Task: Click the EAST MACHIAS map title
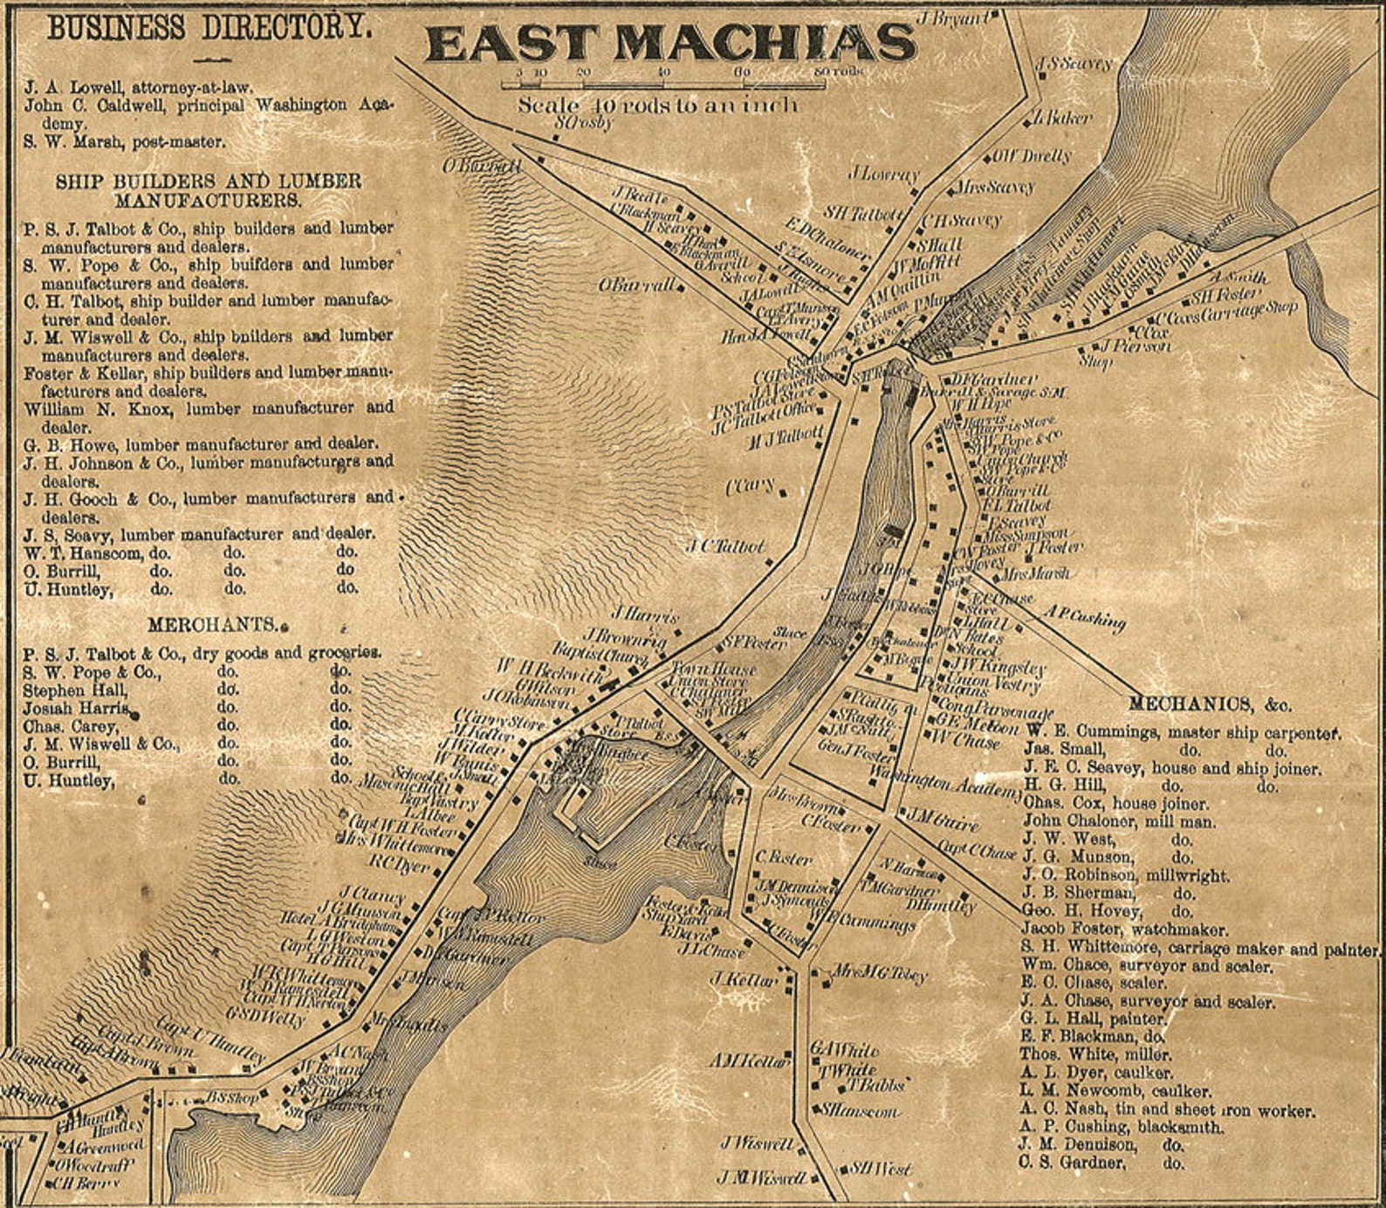tap(670, 43)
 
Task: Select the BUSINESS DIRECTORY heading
tap(209, 27)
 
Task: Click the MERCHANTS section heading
tap(213, 625)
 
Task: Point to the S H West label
tap(881, 1168)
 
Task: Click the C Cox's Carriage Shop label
tap(1227, 313)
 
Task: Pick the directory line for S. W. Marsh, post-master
tap(124, 141)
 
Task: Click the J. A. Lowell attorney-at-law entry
tap(138, 87)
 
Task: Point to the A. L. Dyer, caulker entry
tap(1096, 1073)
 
